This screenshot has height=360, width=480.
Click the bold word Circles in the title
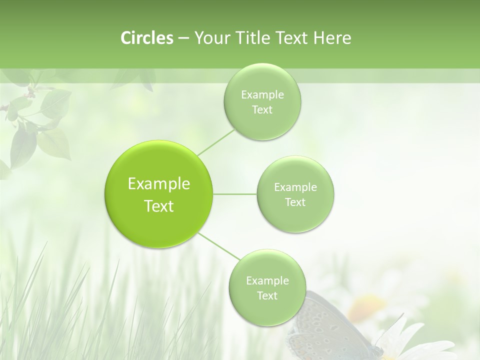pos(146,38)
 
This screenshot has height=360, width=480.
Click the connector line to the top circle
pos(216,142)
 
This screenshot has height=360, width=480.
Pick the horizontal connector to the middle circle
pos(235,194)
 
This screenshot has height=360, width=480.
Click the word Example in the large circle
pos(158,184)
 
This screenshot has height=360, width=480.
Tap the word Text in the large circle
pos(158,206)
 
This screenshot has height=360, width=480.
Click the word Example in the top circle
pos(262,95)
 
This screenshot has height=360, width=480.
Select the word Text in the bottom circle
pos(267,296)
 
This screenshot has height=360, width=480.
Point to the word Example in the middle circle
pos(295,187)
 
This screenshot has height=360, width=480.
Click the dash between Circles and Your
pos(183,38)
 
